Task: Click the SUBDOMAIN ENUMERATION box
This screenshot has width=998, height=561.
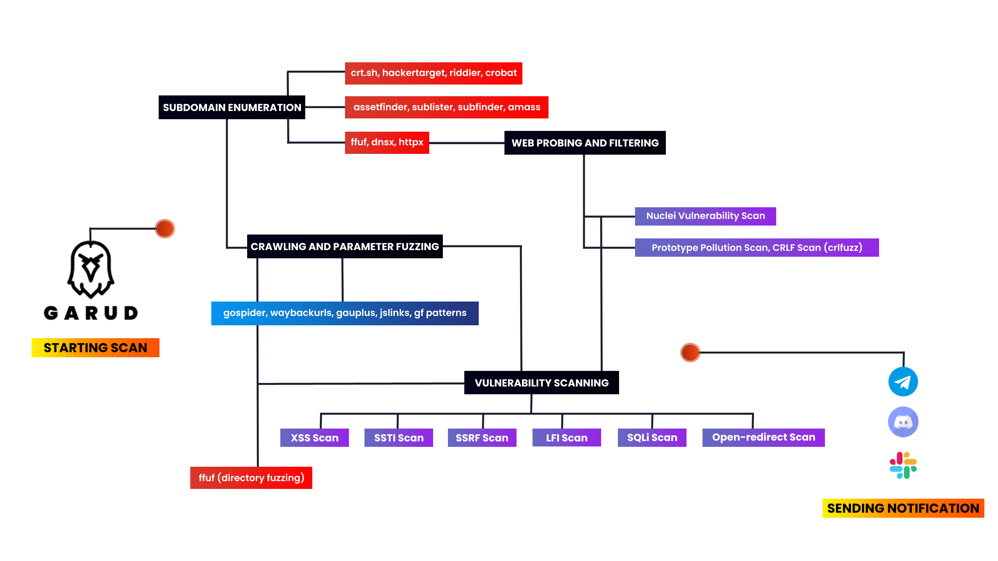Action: (232, 108)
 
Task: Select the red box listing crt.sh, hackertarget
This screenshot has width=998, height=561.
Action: (433, 73)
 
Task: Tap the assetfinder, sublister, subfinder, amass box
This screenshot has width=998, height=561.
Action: (446, 107)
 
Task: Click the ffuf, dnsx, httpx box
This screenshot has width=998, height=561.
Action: (387, 143)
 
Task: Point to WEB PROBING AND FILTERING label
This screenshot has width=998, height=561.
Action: (585, 143)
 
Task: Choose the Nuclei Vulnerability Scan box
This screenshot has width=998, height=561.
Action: (705, 216)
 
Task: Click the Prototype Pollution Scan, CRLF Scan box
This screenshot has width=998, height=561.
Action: (757, 248)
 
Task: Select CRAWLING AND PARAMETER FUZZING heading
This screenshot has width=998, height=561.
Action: (345, 247)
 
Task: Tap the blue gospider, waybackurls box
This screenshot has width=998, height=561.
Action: (345, 313)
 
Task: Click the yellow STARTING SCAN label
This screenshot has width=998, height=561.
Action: (95, 348)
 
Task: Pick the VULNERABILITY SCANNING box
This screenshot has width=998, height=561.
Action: (541, 383)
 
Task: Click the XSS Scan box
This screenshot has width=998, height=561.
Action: (314, 438)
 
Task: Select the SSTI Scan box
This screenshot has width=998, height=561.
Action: (398, 438)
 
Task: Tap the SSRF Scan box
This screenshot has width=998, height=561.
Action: (482, 438)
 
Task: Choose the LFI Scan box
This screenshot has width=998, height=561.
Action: (566, 438)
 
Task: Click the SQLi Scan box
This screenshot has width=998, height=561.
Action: (652, 438)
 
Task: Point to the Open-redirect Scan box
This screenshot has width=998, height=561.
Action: (763, 438)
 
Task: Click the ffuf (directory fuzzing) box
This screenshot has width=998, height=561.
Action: (251, 478)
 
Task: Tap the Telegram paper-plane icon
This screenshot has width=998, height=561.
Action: (903, 382)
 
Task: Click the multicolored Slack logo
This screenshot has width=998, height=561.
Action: (903, 465)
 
